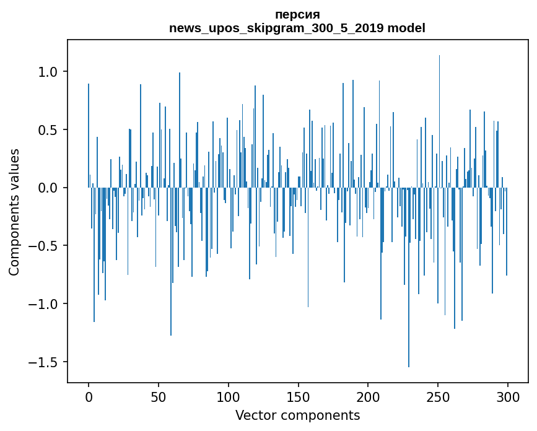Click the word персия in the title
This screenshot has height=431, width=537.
point(297,15)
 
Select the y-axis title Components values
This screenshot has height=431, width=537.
point(14,212)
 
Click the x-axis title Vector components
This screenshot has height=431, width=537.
point(297,415)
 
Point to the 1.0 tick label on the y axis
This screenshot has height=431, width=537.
point(47,72)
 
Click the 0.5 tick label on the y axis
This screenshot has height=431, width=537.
point(47,130)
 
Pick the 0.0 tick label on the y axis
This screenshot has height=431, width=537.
point(47,188)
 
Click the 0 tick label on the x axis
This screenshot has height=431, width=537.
point(89,396)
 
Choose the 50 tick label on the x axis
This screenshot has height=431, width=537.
point(159,396)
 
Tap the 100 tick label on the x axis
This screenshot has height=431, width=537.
point(229,396)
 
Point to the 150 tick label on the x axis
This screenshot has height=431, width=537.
point(298,396)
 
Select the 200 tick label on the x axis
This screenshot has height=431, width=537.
point(368,396)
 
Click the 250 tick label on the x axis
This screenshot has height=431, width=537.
point(438,396)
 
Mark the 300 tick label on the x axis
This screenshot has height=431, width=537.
point(508,396)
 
